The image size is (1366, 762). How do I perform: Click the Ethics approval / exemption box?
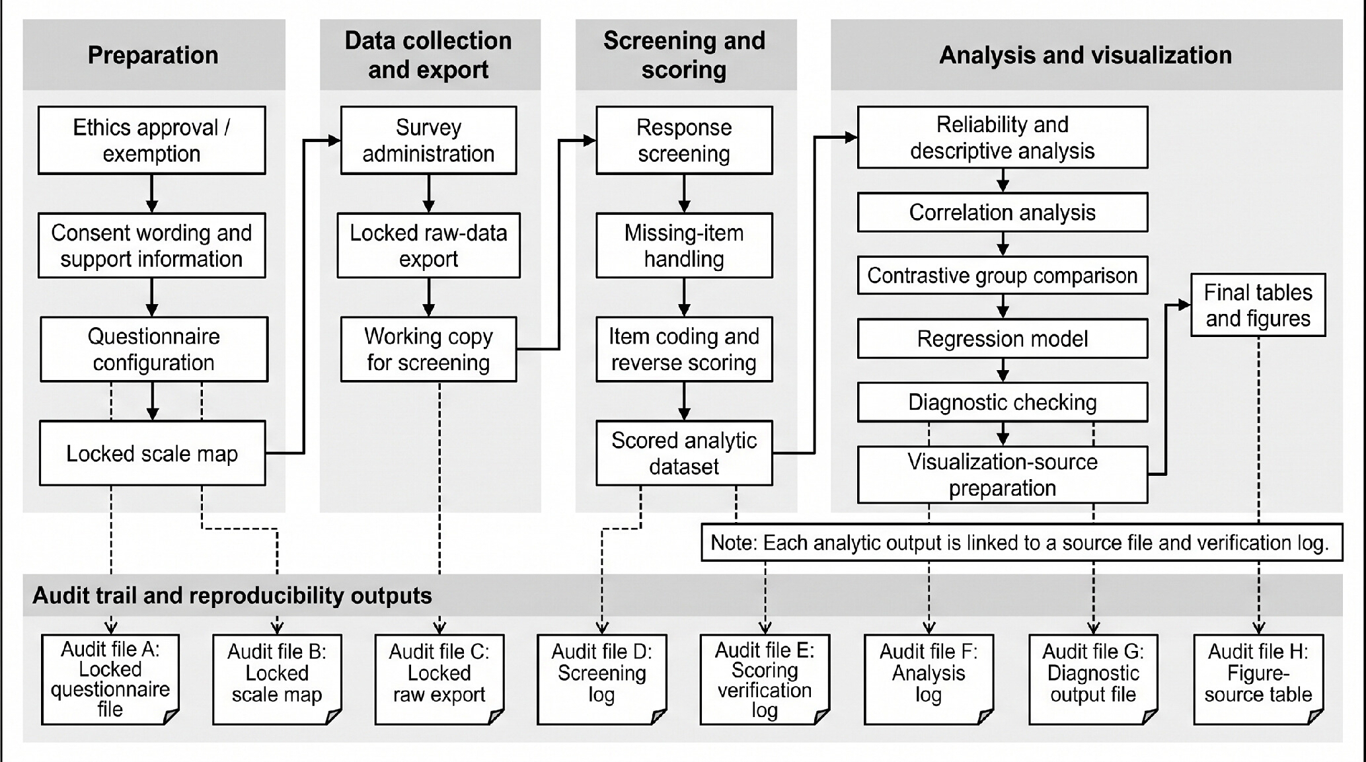[152, 140]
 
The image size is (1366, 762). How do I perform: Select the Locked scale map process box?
[152, 453]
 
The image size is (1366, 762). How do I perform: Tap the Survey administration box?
[428, 140]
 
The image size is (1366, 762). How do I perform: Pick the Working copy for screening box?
[428, 349]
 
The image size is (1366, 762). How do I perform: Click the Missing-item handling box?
[684, 245]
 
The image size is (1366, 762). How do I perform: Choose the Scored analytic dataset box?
[684, 453]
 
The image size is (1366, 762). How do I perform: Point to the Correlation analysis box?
[1003, 212]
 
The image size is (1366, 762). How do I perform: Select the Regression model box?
[1003, 338]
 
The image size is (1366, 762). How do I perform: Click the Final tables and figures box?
[1258, 305]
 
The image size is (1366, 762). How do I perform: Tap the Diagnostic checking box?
[1003, 402]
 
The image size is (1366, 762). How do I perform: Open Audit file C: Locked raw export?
[439, 679]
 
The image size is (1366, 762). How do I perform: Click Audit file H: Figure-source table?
[1258, 679]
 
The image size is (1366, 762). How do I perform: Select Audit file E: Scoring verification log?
[765, 679]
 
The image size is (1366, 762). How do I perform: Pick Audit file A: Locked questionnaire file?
[110, 679]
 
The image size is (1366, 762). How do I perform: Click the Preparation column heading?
[153, 55]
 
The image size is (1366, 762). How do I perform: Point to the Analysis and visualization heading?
[1086, 55]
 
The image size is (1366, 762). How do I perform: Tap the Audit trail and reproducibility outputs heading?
[232, 595]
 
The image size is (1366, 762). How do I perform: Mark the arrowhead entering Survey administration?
[334, 140]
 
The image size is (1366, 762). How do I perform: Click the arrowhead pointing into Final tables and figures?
[1184, 305]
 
